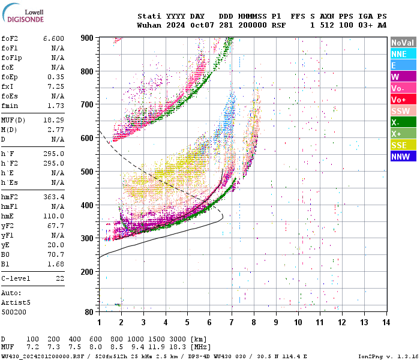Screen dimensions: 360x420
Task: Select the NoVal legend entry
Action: (x=403, y=43)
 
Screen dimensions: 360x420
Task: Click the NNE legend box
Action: (x=403, y=54)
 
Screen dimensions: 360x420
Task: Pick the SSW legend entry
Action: (x=403, y=111)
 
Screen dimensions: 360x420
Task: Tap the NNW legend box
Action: (x=403, y=157)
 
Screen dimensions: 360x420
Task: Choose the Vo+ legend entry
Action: (x=403, y=100)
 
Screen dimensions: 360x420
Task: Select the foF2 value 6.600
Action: (x=53, y=38)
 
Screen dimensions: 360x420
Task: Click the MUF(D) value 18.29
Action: (x=53, y=121)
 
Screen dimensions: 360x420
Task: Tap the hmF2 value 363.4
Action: (x=53, y=196)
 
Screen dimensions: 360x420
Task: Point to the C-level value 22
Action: (x=60, y=279)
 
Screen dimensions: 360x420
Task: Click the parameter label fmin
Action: (x=10, y=106)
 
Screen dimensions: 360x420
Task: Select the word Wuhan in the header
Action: (x=149, y=25)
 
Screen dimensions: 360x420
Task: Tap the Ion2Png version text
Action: (x=388, y=356)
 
